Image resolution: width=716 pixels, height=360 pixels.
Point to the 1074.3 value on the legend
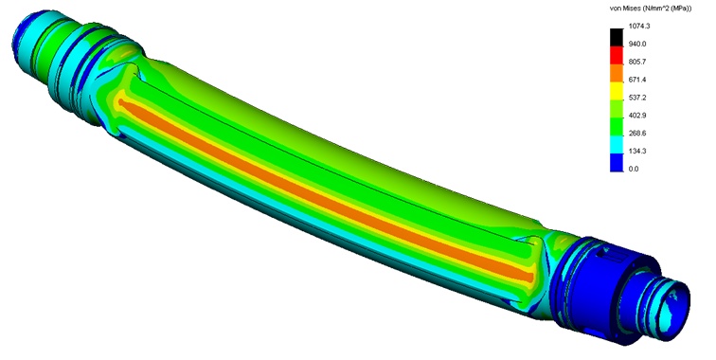click(639, 26)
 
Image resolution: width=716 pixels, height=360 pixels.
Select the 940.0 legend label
click(637, 44)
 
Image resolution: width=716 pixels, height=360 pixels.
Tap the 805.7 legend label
click(637, 62)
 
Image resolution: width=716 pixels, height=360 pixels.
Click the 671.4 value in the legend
click(637, 80)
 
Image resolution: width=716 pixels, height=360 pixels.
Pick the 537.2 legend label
click(637, 98)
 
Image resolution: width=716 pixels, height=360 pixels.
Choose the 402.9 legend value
click(637, 116)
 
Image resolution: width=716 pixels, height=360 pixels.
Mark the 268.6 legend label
click(637, 133)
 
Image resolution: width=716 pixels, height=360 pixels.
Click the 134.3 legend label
click(637, 151)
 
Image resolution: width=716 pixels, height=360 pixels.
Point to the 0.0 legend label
click(634, 169)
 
